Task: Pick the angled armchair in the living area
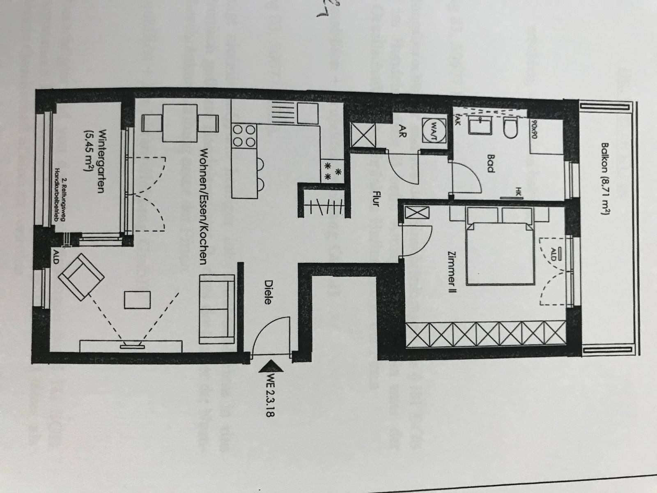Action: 81,276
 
